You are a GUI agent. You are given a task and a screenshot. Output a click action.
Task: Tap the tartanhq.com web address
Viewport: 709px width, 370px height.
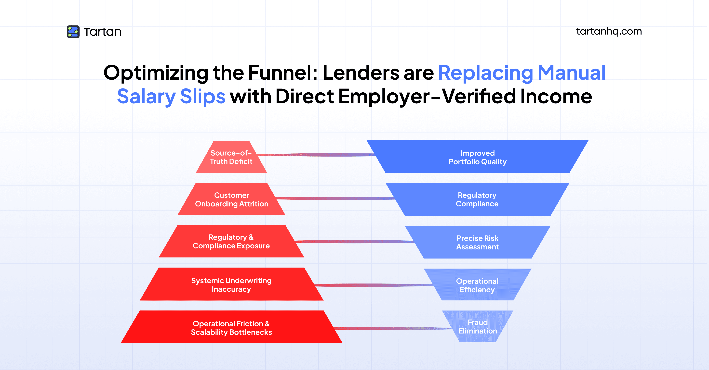click(x=609, y=31)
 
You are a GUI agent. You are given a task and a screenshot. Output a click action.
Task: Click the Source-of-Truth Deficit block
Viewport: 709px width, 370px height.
click(x=231, y=157)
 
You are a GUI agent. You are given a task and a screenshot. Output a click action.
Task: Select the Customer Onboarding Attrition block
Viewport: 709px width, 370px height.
click(x=231, y=200)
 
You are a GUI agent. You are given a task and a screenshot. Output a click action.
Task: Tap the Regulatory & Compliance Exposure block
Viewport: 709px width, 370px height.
click(x=231, y=242)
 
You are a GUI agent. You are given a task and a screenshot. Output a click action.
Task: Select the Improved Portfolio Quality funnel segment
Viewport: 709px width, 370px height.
click(x=478, y=157)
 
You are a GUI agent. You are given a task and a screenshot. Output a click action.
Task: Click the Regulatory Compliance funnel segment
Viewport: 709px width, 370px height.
click(x=477, y=200)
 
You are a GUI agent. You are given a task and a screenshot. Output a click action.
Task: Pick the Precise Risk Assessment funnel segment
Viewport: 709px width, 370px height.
click(x=478, y=242)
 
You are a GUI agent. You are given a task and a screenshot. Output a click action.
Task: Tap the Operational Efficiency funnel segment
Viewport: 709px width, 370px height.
click(x=477, y=285)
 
